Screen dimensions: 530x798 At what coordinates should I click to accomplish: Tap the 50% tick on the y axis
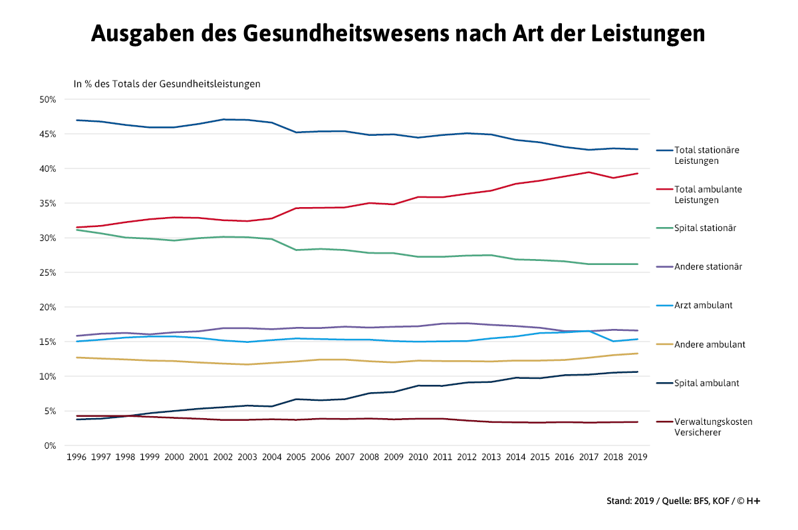[47, 99]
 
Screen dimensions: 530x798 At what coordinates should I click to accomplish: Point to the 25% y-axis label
[47, 272]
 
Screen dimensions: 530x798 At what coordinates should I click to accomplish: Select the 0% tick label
[50, 445]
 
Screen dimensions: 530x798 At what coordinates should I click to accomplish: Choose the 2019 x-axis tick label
[638, 457]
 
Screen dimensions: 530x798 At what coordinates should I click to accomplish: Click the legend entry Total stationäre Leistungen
[706, 155]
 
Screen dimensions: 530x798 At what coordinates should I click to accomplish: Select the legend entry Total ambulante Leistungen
[708, 194]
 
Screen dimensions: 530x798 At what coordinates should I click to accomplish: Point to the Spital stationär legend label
[705, 228]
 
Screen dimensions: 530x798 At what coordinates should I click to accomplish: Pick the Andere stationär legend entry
[708, 267]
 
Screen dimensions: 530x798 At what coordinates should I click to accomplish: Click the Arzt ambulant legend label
[703, 306]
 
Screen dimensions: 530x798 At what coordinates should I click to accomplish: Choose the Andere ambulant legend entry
[709, 344]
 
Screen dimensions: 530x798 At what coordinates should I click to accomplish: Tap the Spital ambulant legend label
[706, 384]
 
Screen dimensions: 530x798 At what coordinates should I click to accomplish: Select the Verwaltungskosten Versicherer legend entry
[713, 427]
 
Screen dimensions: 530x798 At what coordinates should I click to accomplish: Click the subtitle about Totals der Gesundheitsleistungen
[166, 84]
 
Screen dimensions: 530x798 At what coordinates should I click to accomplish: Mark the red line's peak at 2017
[589, 172]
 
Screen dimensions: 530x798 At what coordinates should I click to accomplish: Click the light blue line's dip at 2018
[613, 341]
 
